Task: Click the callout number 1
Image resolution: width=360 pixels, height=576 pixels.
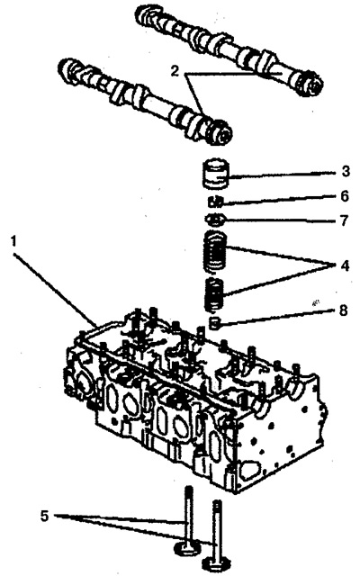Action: pyautogui.click(x=14, y=242)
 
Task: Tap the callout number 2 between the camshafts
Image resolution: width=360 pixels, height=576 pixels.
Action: pyautogui.click(x=175, y=71)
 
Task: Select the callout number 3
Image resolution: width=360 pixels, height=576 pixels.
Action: pyautogui.click(x=345, y=172)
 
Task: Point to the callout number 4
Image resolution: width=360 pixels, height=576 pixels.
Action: pyautogui.click(x=345, y=265)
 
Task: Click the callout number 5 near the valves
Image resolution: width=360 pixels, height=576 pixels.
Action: pyautogui.click(x=44, y=516)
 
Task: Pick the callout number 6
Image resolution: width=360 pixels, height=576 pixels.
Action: pyautogui.click(x=344, y=196)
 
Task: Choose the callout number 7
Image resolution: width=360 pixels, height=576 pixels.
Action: pyautogui.click(x=344, y=220)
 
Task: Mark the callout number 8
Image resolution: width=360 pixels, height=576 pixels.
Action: pyautogui.click(x=343, y=310)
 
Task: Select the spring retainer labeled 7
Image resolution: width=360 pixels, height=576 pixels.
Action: pyautogui.click(x=215, y=220)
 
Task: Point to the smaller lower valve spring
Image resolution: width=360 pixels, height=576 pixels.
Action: pyautogui.click(x=214, y=294)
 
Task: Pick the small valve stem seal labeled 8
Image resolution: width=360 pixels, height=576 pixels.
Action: pyautogui.click(x=214, y=323)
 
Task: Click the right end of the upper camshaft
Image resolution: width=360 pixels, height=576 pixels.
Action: pyautogui.click(x=312, y=86)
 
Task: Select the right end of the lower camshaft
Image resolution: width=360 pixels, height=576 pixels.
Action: pyautogui.click(x=221, y=135)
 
